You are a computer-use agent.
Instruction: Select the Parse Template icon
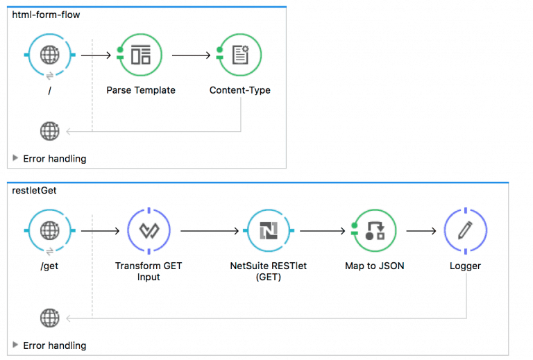(x=140, y=55)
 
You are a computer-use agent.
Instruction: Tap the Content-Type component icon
(x=239, y=55)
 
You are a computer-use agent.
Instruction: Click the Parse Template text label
(x=140, y=90)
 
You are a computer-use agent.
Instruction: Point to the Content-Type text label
(x=239, y=90)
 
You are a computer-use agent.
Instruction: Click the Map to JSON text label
(x=374, y=266)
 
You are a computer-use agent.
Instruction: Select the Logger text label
(x=464, y=266)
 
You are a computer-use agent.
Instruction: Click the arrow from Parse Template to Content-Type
(x=192, y=55)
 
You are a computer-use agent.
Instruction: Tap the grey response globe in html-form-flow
(x=49, y=130)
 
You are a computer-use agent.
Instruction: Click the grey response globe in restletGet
(x=49, y=318)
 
